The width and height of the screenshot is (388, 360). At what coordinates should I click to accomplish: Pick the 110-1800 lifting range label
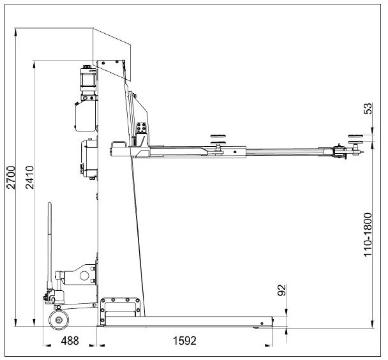[x=368, y=234]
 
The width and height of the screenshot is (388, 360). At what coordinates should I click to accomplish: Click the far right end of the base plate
[x=271, y=322]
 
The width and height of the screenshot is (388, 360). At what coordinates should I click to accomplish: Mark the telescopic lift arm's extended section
[x=287, y=151]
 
